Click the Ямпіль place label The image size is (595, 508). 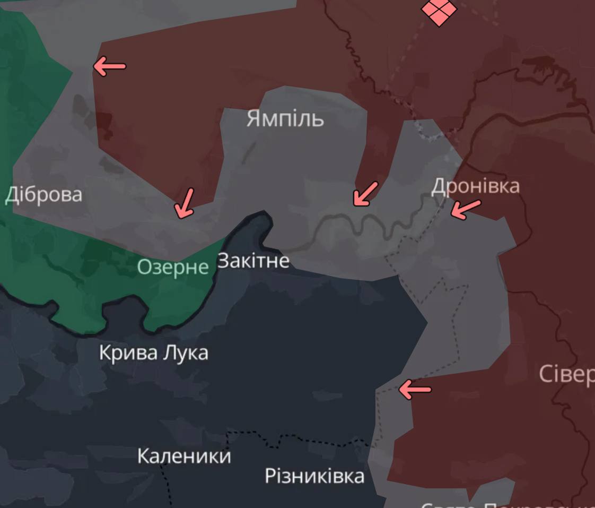point(285,119)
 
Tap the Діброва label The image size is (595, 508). point(43,195)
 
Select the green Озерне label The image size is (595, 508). point(173,266)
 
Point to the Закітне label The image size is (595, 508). point(253,261)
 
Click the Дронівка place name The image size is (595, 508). point(475,186)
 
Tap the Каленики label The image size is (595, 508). point(184,456)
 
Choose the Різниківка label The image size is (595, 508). point(314,476)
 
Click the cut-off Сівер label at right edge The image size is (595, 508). point(566,374)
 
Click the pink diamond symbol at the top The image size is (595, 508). point(439,11)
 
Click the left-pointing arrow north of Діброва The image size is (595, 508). point(109,66)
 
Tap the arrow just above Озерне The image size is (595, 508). point(183,204)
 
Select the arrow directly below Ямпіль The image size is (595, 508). point(365,194)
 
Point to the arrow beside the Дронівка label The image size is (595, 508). point(466,209)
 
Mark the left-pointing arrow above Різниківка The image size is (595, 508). point(414,390)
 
